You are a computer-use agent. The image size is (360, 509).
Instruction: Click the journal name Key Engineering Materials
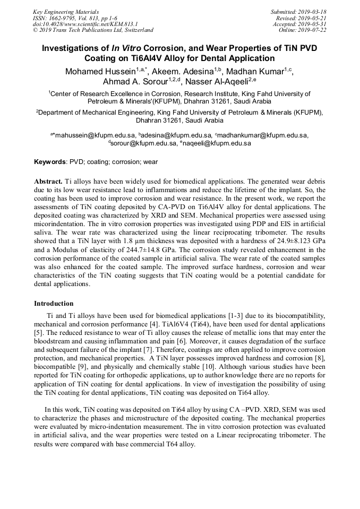(66, 12)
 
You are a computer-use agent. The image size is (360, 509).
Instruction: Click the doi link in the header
(85, 24)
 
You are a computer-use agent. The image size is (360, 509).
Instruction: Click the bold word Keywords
(50, 161)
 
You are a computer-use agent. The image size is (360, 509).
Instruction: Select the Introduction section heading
(54, 304)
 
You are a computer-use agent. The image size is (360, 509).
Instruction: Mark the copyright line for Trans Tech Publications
(93, 30)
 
